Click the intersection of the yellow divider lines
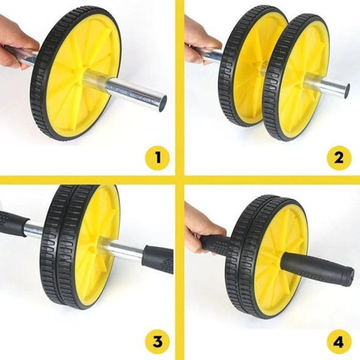(x=180, y=181)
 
